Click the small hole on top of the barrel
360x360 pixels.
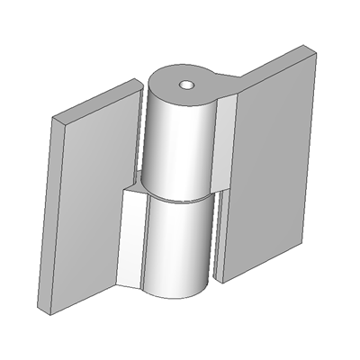coord(186,85)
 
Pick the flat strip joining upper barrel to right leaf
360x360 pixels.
coord(225,144)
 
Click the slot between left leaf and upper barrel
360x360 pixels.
coord(142,135)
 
